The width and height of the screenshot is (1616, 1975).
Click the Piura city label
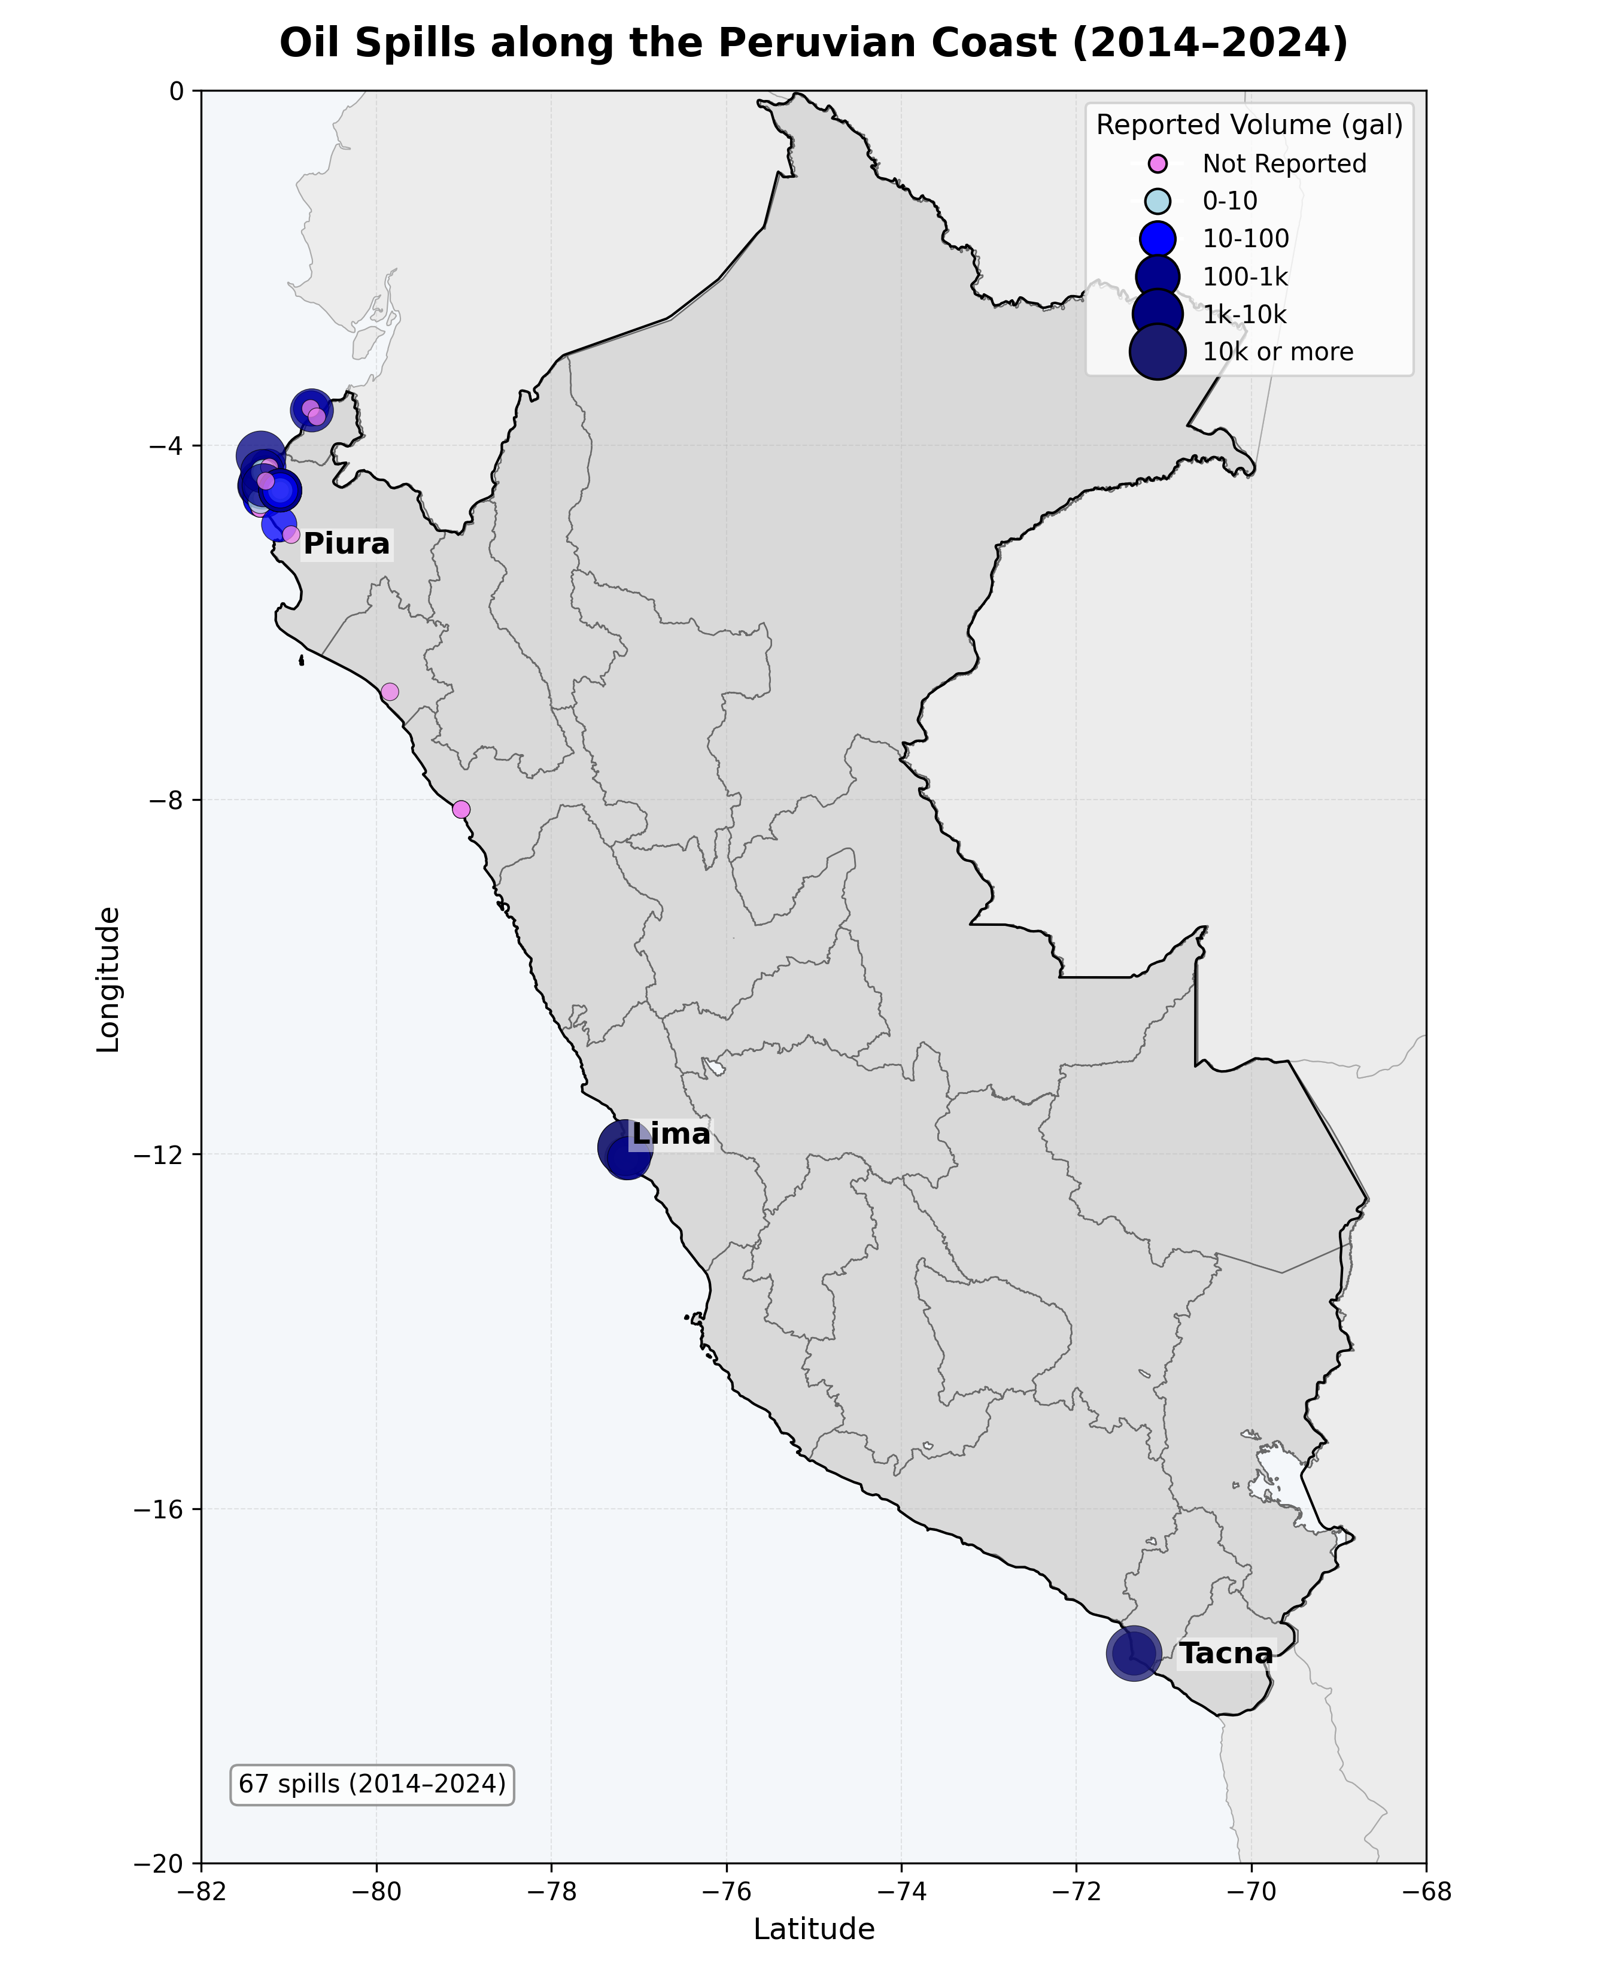(x=347, y=543)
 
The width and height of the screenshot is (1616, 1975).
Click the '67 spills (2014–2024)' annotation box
(x=372, y=1783)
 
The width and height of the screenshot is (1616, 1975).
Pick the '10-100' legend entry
(x=1246, y=239)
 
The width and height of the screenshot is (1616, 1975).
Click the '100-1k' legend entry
(x=1244, y=276)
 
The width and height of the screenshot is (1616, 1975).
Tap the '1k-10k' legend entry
(x=1244, y=315)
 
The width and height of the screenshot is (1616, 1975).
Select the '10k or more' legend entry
(x=1277, y=352)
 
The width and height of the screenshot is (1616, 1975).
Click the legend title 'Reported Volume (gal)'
(x=1249, y=124)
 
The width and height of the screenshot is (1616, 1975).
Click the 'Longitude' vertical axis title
(x=109, y=979)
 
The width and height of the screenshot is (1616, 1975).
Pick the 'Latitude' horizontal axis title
(x=813, y=1930)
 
